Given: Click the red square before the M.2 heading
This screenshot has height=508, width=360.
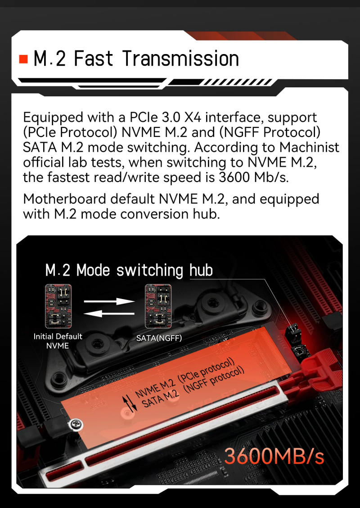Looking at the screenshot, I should (x=24, y=59).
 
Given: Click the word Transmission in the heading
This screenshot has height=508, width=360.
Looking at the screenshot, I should (x=180, y=59).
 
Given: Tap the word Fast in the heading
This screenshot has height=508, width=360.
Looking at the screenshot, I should (x=93, y=59).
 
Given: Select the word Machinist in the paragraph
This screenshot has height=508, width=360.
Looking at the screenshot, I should (x=309, y=147).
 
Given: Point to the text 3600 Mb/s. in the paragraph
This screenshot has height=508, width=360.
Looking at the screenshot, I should (x=253, y=177).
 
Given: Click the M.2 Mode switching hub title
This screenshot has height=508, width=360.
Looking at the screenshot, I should (x=129, y=270).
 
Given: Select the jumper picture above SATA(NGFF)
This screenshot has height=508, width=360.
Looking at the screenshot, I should (x=158, y=306).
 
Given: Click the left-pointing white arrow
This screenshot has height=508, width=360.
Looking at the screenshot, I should (x=109, y=313).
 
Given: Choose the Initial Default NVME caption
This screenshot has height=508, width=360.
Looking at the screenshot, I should (x=58, y=341).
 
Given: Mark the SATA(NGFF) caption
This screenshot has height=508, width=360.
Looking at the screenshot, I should (x=159, y=337).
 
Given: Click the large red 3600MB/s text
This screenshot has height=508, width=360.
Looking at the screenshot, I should (x=274, y=456).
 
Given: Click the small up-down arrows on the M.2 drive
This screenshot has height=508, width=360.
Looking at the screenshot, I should (x=129, y=402).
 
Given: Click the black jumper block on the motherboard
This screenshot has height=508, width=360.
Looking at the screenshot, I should (x=293, y=336).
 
